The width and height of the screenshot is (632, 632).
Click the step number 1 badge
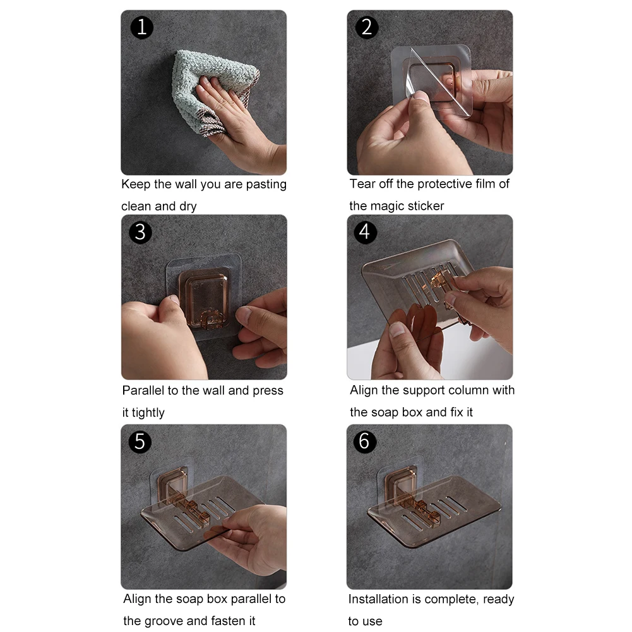tap(142, 27)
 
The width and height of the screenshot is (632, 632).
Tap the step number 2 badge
tap(367, 27)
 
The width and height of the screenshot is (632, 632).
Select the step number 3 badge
tap(140, 232)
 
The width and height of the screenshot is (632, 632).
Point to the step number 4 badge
tap(365, 232)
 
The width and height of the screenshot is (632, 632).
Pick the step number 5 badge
tap(140, 442)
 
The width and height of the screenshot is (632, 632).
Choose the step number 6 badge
tap(365, 442)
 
